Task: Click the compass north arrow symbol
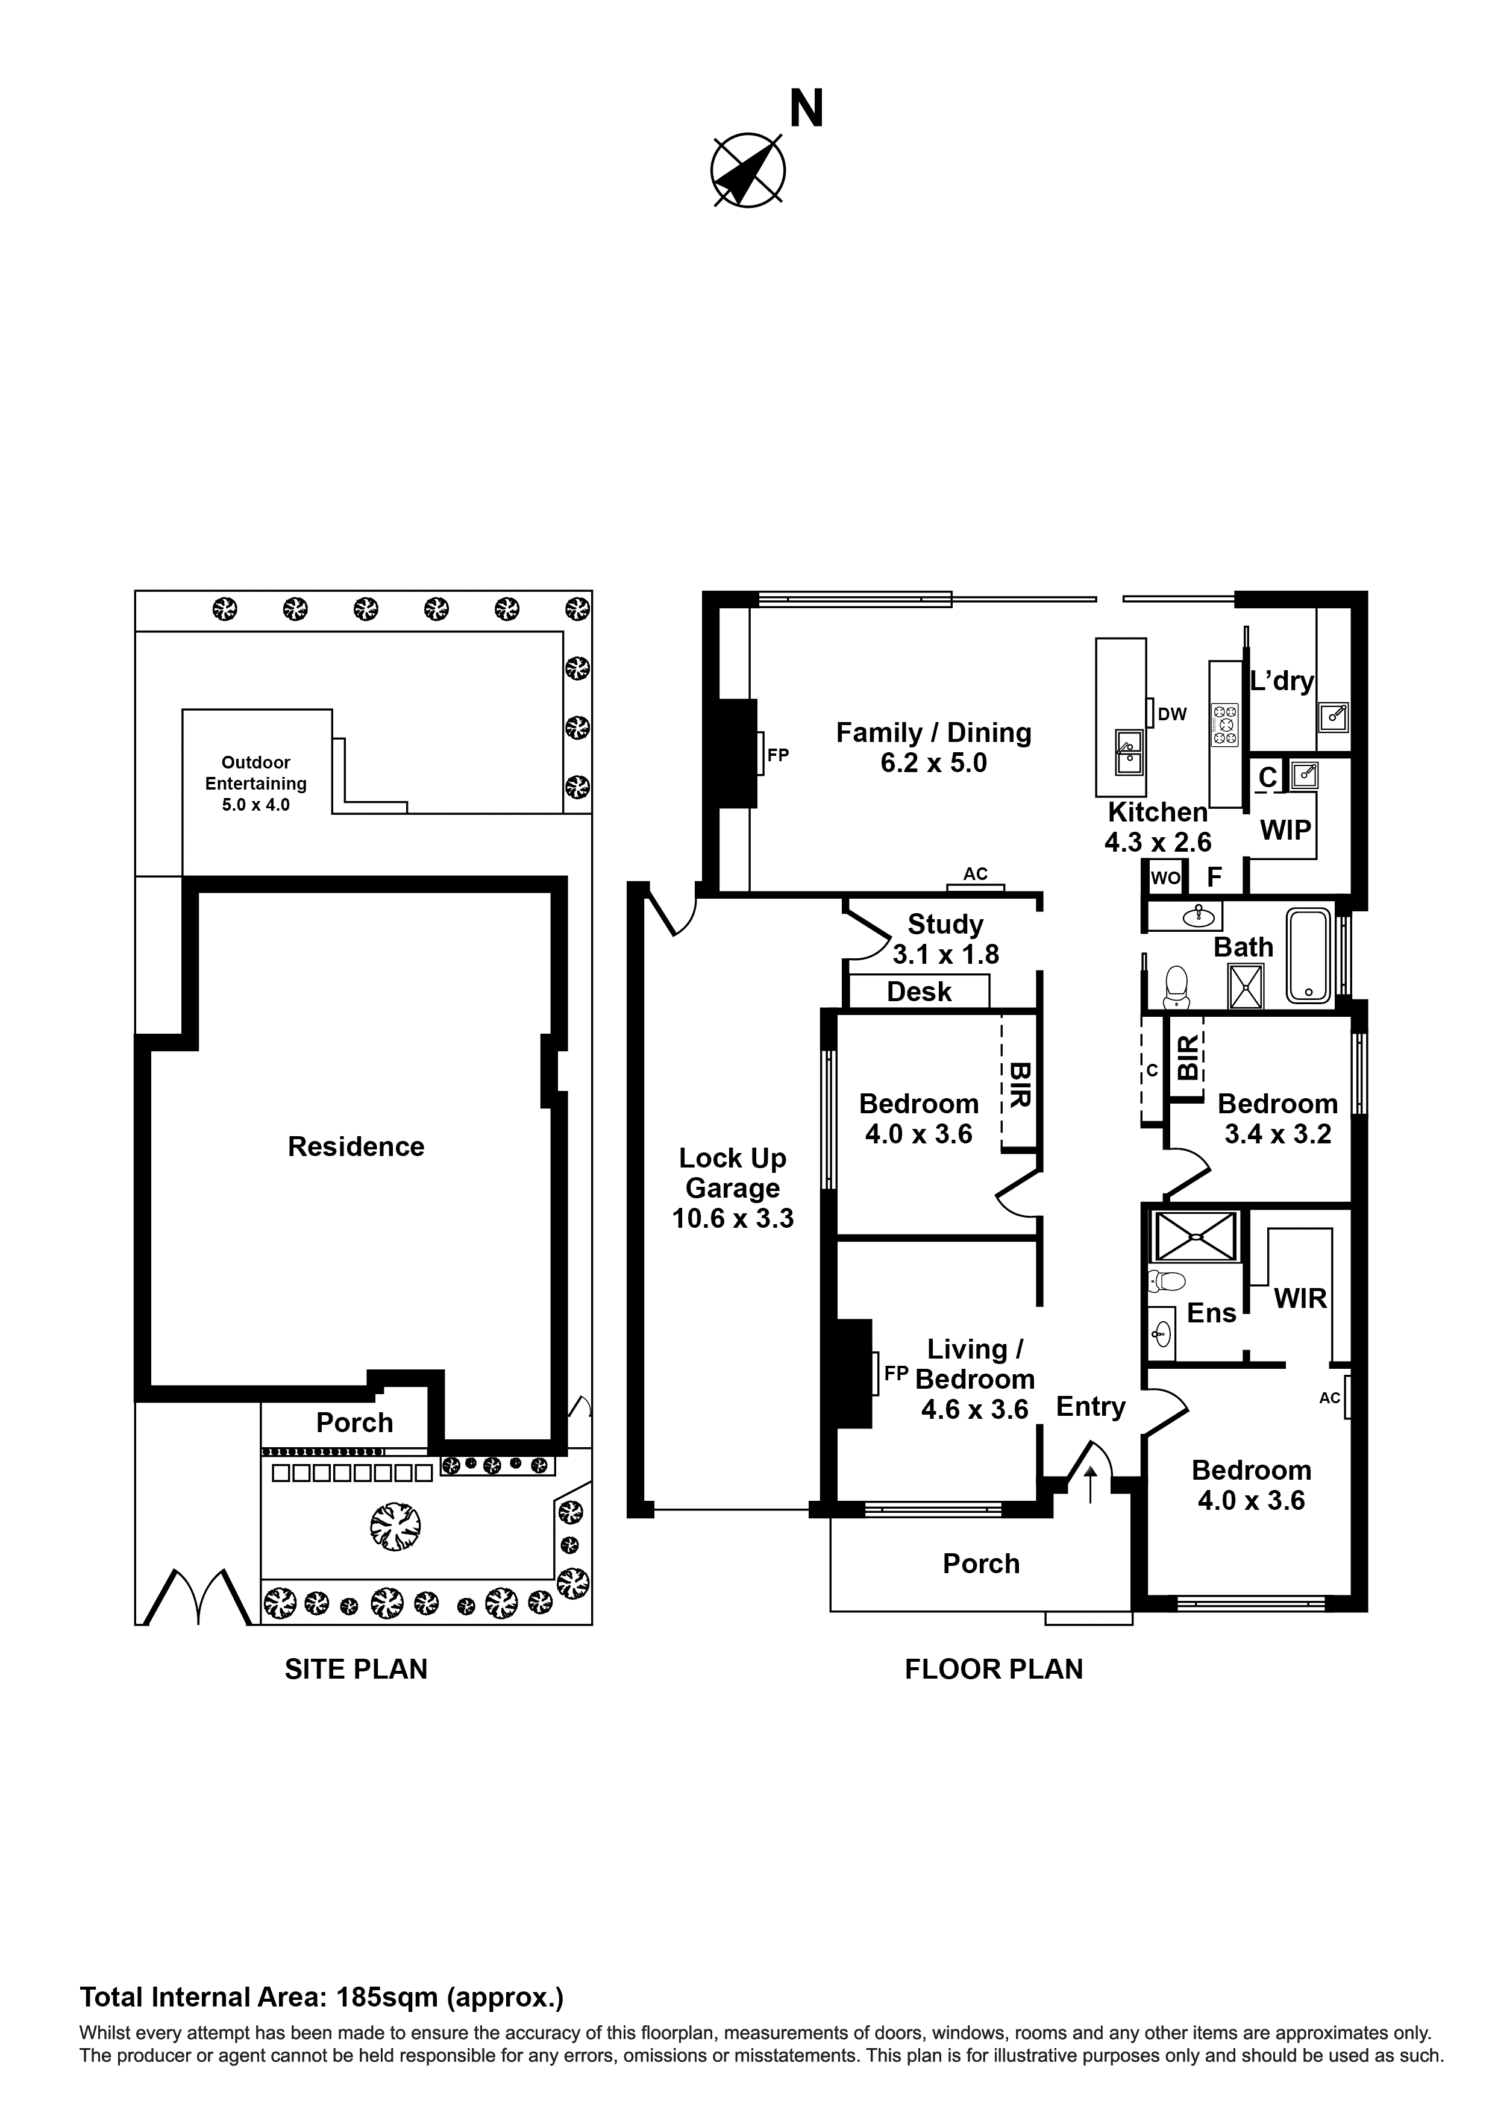point(747,169)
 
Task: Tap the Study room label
point(945,924)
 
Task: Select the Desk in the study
point(918,992)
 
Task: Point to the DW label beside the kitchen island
point(1171,714)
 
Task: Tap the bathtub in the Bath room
point(1308,955)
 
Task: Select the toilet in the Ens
point(1167,1280)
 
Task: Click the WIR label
point(1300,1299)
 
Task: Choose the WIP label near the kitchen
point(1285,830)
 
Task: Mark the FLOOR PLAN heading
point(993,1669)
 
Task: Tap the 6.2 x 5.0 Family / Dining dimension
point(933,762)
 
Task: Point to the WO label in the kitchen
point(1165,878)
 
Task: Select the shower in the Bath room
point(1246,985)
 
